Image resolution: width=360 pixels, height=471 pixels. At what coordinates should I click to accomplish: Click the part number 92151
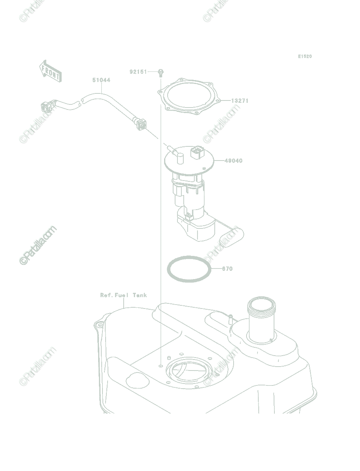pyautogui.click(x=138, y=72)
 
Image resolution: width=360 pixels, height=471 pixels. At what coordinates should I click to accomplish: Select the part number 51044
pyautogui.click(x=101, y=80)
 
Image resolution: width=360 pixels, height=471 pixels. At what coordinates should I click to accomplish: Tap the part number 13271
pyautogui.click(x=240, y=100)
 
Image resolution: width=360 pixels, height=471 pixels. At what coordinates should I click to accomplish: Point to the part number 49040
pyautogui.click(x=234, y=161)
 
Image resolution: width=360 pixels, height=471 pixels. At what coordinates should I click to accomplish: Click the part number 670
pyautogui.click(x=227, y=268)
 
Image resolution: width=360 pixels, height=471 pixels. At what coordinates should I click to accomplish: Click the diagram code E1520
pyautogui.click(x=305, y=56)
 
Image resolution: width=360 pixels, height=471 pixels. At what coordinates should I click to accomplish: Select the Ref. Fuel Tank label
pyautogui.click(x=124, y=295)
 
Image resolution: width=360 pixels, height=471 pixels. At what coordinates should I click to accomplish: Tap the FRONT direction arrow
pyautogui.click(x=50, y=71)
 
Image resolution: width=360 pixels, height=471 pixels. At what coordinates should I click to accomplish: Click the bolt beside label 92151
pyautogui.click(x=161, y=73)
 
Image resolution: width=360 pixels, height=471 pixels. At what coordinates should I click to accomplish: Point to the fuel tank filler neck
pyautogui.click(x=261, y=319)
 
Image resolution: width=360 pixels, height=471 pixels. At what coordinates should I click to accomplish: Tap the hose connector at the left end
pyautogui.click(x=48, y=106)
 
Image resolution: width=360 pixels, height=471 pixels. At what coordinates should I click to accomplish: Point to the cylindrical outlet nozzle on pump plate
pyautogui.click(x=180, y=159)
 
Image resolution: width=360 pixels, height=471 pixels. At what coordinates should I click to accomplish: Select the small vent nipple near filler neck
pyautogui.click(x=230, y=319)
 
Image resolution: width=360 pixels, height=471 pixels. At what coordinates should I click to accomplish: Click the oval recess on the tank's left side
pyautogui.click(x=137, y=380)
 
